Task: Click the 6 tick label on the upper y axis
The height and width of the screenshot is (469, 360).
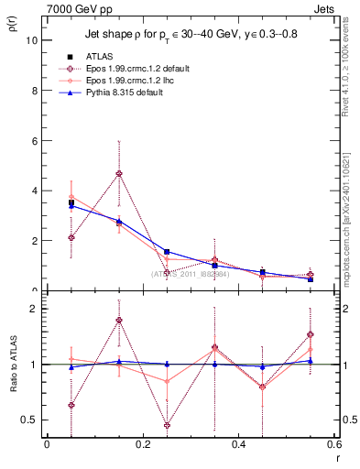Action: pyautogui.click(x=33, y=141)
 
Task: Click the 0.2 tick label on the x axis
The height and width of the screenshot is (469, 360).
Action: pyautogui.click(x=143, y=444)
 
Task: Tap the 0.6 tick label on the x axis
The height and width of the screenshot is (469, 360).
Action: pyautogui.click(x=333, y=444)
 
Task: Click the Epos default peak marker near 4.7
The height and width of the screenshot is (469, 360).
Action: pyautogui.click(x=118, y=174)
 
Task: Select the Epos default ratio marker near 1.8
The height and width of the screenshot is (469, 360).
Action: pyautogui.click(x=118, y=321)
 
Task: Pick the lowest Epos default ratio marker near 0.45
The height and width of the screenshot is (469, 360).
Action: pyautogui.click(x=167, y=425)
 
